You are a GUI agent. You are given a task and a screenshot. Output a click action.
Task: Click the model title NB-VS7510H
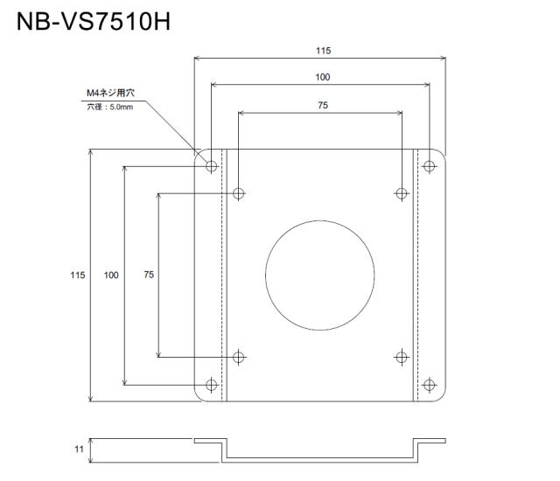point(94,22)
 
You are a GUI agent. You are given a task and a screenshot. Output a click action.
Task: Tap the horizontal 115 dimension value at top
point(323,51)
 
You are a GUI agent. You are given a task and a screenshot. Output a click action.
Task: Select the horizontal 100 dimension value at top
point(323,77)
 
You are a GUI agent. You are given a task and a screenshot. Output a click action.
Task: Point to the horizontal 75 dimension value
point(323,105)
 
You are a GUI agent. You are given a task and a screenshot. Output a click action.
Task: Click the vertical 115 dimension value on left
point(78,275)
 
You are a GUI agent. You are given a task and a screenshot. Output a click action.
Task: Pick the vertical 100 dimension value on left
point(111,275)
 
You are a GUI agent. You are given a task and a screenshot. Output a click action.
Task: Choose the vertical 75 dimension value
point(149,275)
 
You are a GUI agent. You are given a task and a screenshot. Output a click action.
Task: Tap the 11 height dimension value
point(79,450)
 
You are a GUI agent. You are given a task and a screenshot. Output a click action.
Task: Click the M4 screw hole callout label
point(111,93)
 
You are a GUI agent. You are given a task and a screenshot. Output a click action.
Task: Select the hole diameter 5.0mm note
point(110,107)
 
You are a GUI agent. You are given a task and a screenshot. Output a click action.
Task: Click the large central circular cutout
point(320,275)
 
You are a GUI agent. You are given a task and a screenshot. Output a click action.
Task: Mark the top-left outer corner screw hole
point(212,166)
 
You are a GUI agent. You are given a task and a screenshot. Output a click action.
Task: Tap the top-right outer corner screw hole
point(429,166)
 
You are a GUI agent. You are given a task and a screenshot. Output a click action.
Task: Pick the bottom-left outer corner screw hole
point(212,385)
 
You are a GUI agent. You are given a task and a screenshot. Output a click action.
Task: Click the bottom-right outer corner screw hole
point(429,385)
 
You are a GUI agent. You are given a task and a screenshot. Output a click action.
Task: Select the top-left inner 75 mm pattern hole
point(239,194)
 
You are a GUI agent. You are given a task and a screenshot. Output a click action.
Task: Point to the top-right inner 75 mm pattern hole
point(402,194)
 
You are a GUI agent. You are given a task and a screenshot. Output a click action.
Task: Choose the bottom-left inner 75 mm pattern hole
point(239,357)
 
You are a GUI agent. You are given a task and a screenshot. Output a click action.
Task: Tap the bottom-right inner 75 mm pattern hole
point(402,357)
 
